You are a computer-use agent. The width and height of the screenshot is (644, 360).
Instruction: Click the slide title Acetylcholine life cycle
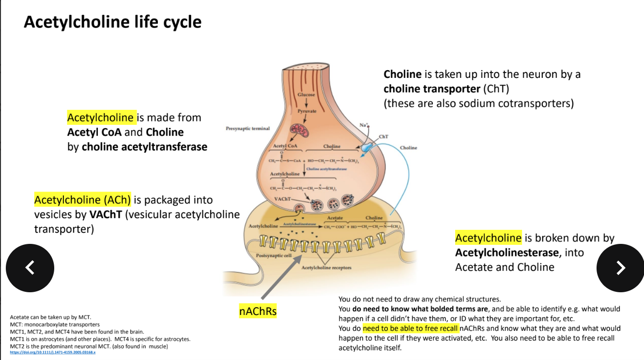[x=112, y=22]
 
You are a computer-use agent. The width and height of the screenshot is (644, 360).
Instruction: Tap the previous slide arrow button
[x=30, y=268]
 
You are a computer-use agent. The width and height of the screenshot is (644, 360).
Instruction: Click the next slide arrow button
[x=620, y=268]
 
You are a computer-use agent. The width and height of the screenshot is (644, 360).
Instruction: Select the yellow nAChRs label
[x=258, y=311]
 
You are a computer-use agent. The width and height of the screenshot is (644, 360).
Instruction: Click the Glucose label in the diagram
[x=306, y=95]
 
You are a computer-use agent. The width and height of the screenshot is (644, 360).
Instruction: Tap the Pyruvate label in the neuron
[x=307, y=111]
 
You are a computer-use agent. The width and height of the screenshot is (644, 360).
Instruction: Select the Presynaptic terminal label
[x=248, y=128]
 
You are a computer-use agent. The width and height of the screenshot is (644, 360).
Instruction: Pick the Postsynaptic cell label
[x=274, y=255]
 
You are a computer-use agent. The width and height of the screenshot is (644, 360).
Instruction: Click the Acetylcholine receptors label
[x=326, y=268]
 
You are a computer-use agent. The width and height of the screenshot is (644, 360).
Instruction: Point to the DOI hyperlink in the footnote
[x=53, y=353]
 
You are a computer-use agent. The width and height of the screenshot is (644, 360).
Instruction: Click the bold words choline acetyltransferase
[x=144, y=147]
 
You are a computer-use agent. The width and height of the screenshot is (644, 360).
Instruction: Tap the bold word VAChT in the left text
[x=106, y=214]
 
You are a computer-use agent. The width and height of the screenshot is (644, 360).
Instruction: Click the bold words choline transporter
[x=431, y=89]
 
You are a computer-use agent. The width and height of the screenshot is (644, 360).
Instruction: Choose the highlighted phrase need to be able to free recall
[x=410, y=328]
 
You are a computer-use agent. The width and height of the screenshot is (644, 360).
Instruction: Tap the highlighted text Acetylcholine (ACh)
[x=82, y=199]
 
